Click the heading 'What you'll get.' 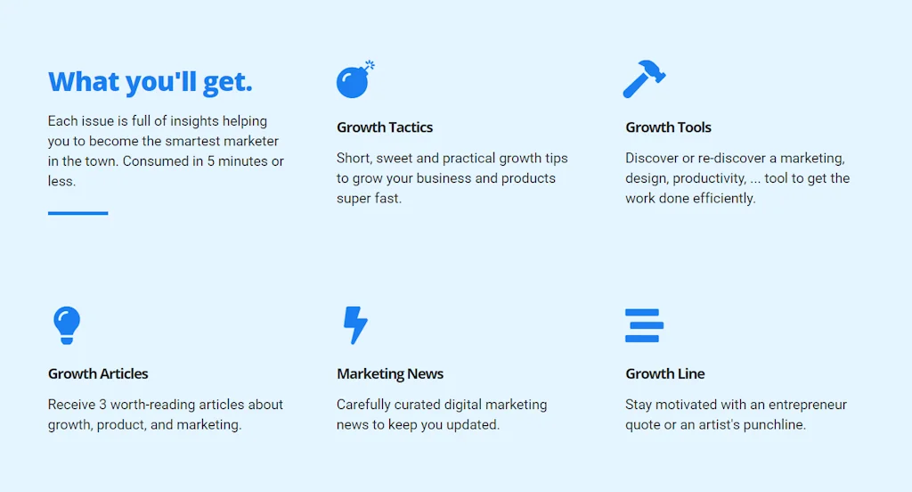coord(150,82)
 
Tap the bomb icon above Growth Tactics coord(354,81)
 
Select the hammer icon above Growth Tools coord(644,78)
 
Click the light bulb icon coord(66,325)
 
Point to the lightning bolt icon coord(355,325)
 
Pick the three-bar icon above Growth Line coord(643,325)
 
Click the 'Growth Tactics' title coord(385,127)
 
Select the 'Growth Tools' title coord(668,127)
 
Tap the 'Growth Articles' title coord(98,373)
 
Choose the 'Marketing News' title coord(390,373)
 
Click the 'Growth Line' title coord(664,373)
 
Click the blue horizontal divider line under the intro coord(77,213)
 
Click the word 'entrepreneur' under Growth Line coord(807,405)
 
